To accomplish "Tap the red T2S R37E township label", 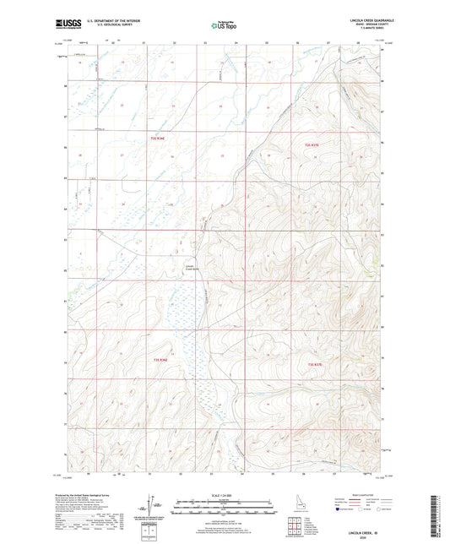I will (313, 146).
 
